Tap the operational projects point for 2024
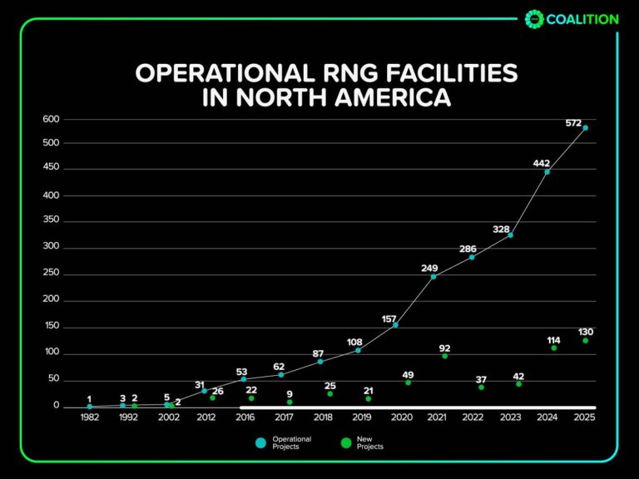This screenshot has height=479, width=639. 547,172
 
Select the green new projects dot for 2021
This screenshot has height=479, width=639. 445,356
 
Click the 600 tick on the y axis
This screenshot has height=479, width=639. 51,119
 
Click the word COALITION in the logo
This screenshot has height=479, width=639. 582,19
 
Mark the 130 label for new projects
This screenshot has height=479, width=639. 586,332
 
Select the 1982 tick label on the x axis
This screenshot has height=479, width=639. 90,417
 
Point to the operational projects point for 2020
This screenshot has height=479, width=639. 395,325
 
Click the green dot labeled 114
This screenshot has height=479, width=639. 553,348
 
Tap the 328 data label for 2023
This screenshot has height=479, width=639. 503,228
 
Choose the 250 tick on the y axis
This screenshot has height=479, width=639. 51,274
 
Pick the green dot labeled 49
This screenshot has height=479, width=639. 408,383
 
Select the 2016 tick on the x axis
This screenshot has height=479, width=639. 245,417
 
